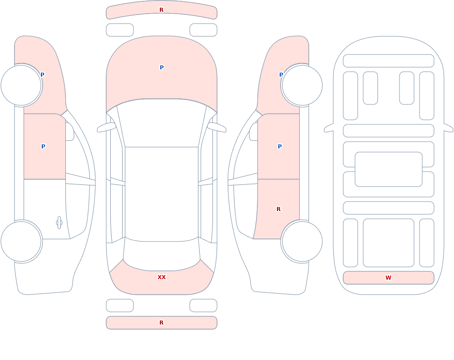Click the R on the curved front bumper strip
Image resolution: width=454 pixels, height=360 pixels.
pyautogui.click(x=161, y=10)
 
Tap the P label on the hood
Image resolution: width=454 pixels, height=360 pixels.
pyautogui.click(x=162, y=68)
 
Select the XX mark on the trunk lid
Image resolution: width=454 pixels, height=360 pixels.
pyautogui.click(x=162, y=277)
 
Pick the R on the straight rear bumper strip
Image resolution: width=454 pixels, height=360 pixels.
pyautogui.click(x=161, y=323)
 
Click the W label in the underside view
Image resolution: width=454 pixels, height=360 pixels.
pyautogui.click(x=388, y=278)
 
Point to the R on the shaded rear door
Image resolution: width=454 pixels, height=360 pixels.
pyautogui.click(x=279, y=209)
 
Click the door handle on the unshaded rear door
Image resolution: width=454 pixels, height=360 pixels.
pyautogui.click(x=59, y=223)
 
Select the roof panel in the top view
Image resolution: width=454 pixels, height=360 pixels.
pyautogui.click(x=162, y=194)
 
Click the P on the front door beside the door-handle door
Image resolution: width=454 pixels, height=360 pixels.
pyautogui.click(x=43, y=147)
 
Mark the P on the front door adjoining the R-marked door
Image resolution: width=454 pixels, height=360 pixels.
pyautogui.click(x=280, y=147)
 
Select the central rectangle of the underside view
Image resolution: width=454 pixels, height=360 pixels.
pyautogui.click(x=388, y=169)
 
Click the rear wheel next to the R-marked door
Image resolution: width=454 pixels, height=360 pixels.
pyautogui.click(x=302, y=241)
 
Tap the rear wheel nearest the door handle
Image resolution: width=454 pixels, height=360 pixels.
pyautogui.click(x=21, y=241)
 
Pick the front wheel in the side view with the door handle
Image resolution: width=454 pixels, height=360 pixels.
pyautogui.click(x=21, y=85)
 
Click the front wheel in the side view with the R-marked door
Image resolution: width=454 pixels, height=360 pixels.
pyautogui.click(x=302, y=85)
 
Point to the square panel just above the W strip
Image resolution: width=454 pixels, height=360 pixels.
pyautogui.click(x=388, y=243)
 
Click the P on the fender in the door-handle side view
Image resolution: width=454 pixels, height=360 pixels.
pyautogui.click(x=42, y=75)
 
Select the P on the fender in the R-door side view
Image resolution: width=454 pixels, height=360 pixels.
pyautogui.click(x=281, y=75)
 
